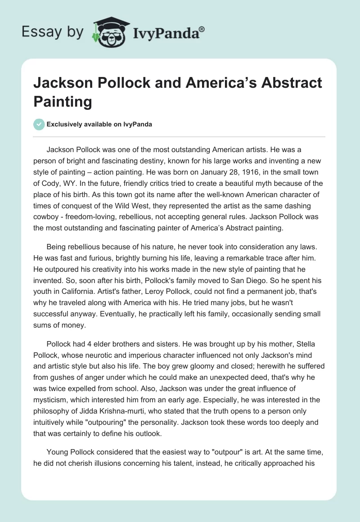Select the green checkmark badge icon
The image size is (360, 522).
(39, 124)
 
